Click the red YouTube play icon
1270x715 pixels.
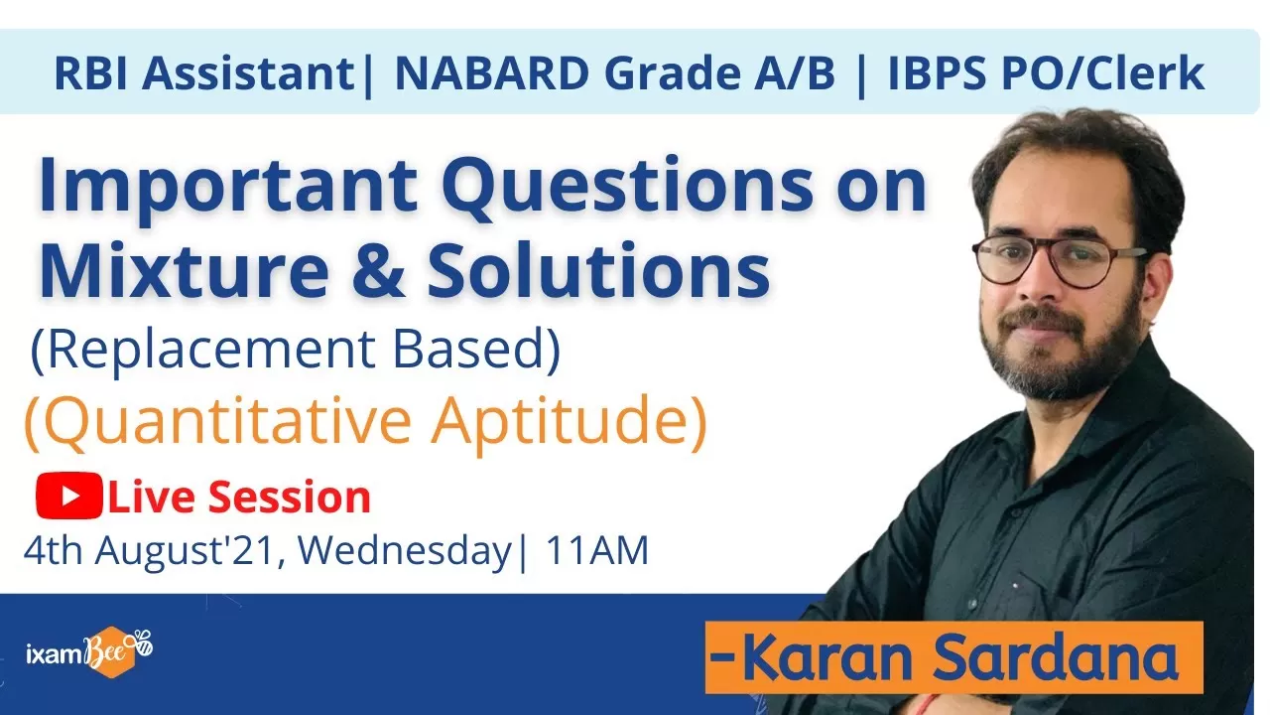pyautogui.click(x=69, y=496)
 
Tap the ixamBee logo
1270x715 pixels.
pyautogui.click(x=89, y=652)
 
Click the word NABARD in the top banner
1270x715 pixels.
pyautogui.click(x=491, y=73)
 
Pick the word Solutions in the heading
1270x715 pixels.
pyautogui.click(x=598, y=268)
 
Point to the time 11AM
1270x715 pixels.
pyautogui.click(x=597, y=550)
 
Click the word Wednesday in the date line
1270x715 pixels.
pyautogui.click(x=404, y=551)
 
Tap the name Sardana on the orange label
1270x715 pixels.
pyautogui.click(x=1055, y=657)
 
